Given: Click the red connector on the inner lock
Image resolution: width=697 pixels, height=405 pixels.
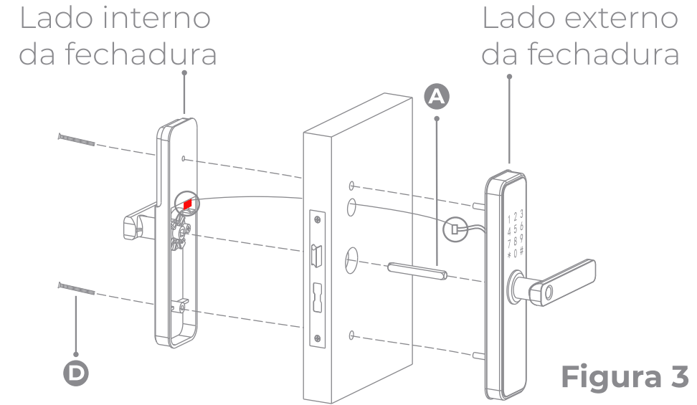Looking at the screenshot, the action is pos(187,205).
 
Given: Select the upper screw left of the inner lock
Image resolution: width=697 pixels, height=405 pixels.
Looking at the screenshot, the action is pos(75,139).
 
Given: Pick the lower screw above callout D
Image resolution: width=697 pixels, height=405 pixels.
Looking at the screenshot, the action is pos(75,289).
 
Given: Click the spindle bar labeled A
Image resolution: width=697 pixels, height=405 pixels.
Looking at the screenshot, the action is pos(417,272).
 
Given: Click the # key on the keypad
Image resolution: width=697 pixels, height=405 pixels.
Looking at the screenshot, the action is pos(521,250).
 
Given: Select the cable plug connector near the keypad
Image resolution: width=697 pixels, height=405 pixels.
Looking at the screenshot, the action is pos(453,230).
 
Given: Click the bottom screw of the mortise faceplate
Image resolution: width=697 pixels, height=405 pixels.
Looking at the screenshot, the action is pos(316,338).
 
